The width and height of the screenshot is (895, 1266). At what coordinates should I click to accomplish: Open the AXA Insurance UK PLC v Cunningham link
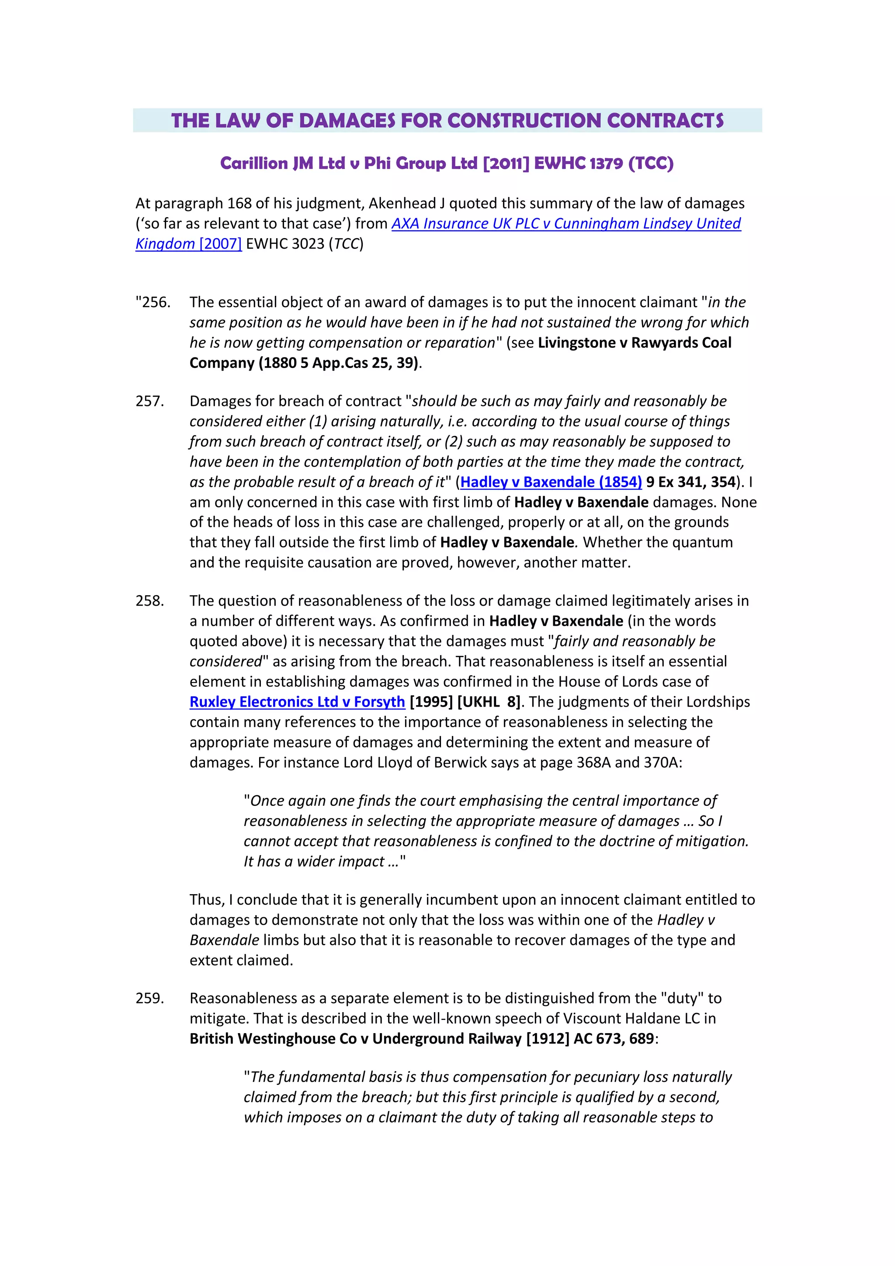coord(566,223)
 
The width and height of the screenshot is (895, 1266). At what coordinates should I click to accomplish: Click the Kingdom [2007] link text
coord(189,244)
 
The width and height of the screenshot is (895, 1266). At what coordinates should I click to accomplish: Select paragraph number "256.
coord(153,302)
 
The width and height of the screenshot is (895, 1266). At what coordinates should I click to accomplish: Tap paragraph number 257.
coord(150,401)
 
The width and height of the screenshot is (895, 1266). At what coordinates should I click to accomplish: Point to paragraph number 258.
coord(150,600)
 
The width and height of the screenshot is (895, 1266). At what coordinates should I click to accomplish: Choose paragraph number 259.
coord(150,998)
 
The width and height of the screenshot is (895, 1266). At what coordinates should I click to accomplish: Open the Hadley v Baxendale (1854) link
coord(551,482)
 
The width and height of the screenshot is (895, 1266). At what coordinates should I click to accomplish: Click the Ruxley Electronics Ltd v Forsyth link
coord(297,702)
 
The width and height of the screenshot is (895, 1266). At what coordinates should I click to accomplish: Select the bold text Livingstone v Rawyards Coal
coord(634,343)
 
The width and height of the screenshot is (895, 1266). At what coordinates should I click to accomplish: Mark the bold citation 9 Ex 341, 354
coord(691,482)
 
